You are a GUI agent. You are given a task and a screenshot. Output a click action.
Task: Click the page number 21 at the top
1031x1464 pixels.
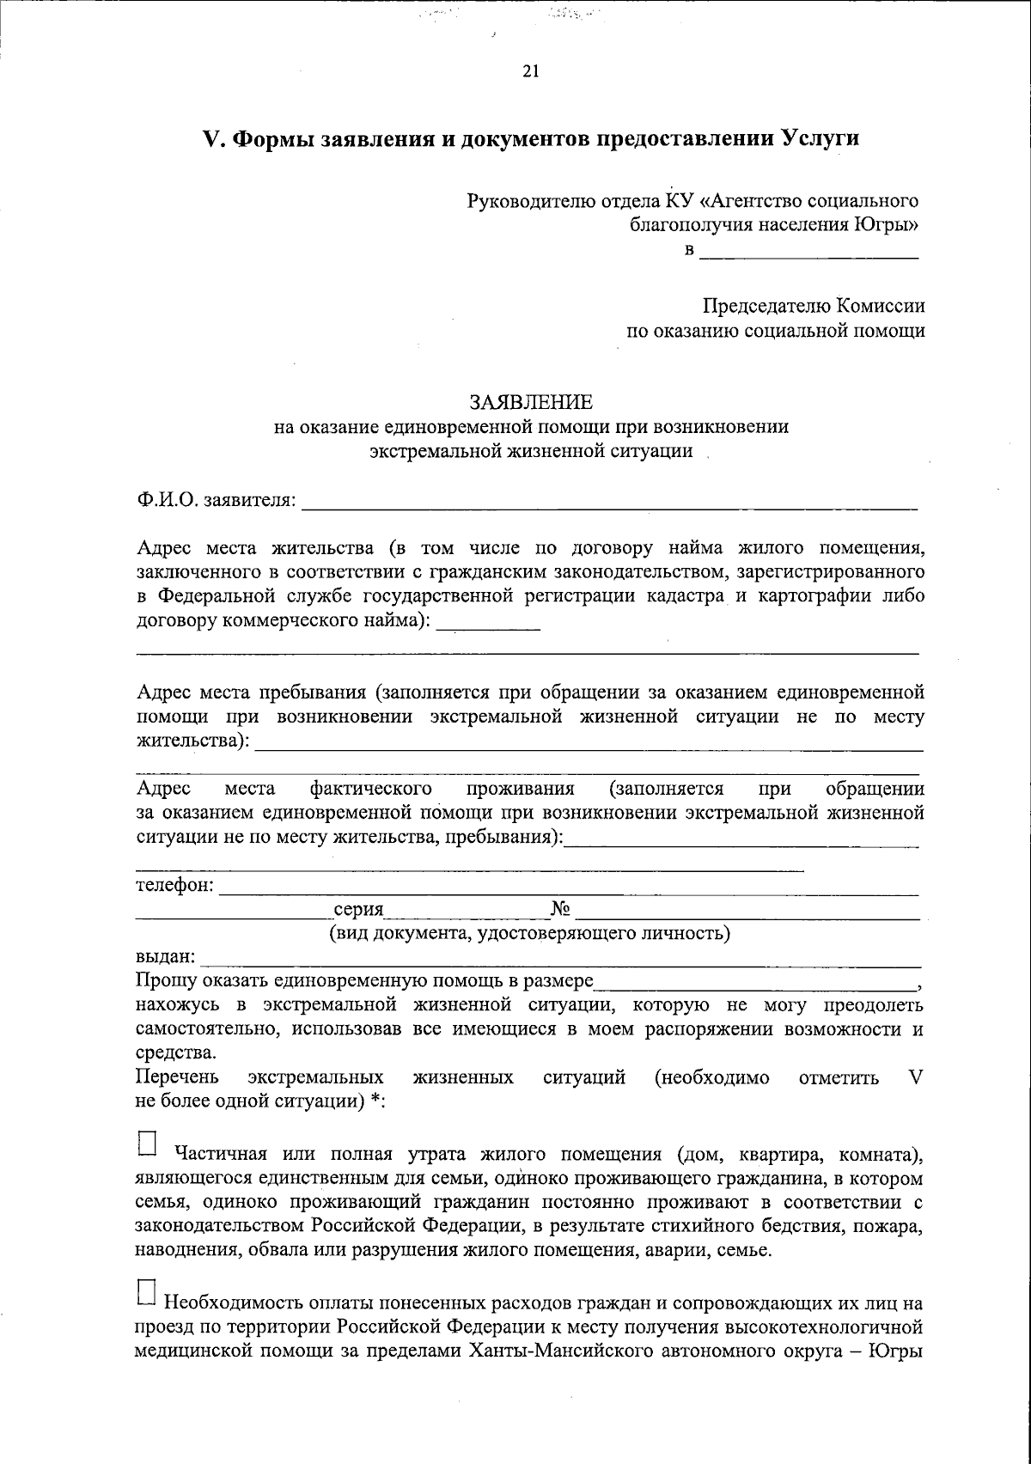coord(530,72)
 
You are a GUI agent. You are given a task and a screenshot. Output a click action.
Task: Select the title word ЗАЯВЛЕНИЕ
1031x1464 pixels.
coord(530,402)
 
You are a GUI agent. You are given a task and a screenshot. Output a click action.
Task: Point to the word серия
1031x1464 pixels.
coord(358,910)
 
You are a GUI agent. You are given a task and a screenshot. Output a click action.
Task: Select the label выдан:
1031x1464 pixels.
coord(166,956)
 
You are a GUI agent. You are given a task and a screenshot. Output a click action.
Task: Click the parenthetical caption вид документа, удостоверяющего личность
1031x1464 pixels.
coord(530,933)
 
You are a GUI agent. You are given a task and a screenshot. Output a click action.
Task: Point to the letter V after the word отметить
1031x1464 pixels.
coord(915,1077)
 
